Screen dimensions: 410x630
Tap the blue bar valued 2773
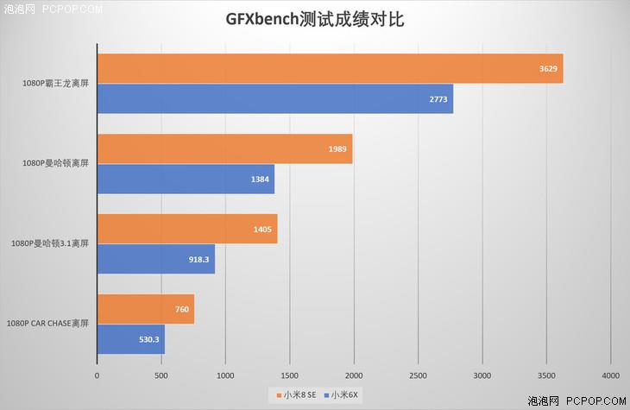pyautogui.click(x=274, y=98)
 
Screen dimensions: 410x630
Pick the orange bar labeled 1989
pyautogui.click(x=224, y=149)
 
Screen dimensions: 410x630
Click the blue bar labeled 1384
pyautogui.click(x=186, y=179)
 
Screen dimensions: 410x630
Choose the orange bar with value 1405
pyautogui.click(x=186, y=229)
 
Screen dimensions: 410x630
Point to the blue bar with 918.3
pyautogui.click(x=155, y=259)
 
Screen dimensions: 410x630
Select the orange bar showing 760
pyautogui.click(x=145, y=309)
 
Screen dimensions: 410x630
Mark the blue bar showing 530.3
pyautogui.click(x=130, y=339)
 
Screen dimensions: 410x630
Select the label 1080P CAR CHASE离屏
pyautogui.click(x=48, y=325)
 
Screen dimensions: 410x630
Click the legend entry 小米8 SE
pyautogui.click(x=299, y=394)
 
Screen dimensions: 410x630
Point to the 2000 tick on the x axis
pyautogui.click(x=354, y=375)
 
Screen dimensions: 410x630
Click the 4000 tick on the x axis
pyautogui.click(x=610, y=375)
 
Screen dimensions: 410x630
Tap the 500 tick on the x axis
pyautogui.click(x=161, y=375)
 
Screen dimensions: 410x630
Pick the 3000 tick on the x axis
pyautogui.click(x=482, y=375)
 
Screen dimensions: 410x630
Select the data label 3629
pyautogui.click(x=545, y=69)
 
